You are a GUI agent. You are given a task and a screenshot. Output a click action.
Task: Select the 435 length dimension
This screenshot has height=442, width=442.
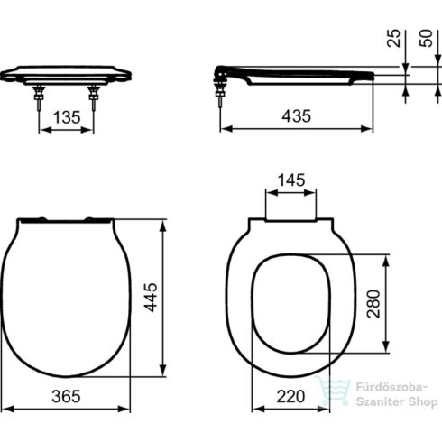tap(297, 116)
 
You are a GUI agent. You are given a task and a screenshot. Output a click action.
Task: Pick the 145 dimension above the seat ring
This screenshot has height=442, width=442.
tap(291, 180)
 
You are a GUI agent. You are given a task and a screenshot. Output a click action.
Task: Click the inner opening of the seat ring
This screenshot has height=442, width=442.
tap(291, 302)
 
